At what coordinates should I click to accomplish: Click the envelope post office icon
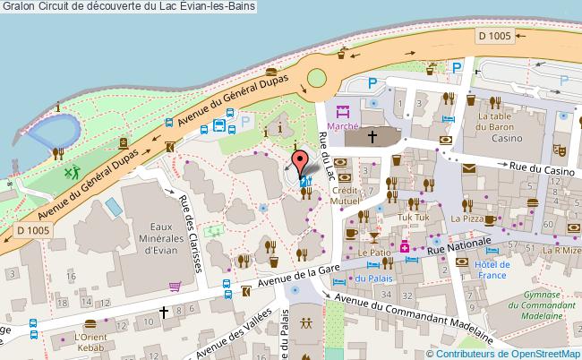point(468,167)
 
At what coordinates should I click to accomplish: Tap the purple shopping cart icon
point(175,287)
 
